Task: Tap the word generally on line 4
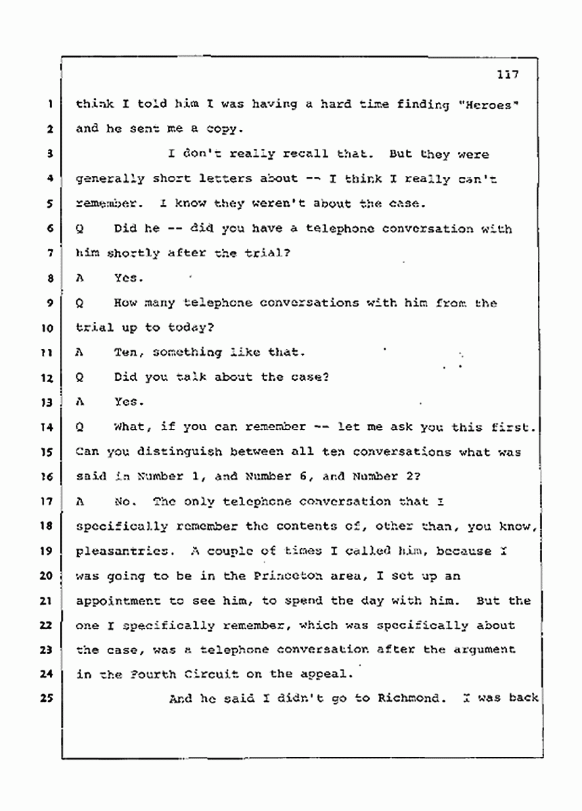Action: (109, 179)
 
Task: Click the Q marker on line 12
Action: (81, 377)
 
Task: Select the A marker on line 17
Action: (81, 501)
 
